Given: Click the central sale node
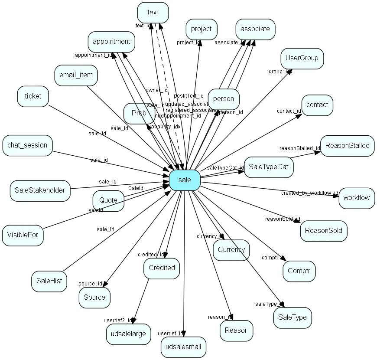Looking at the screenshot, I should coord(184,180).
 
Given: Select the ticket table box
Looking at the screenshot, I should coord(33,96).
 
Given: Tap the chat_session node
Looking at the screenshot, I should coord(27,145).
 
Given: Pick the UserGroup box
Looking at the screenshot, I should coord(302,58).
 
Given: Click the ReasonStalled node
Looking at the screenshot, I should coord(347,145).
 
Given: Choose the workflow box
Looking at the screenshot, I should coord(357,198).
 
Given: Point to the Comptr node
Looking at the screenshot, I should coord(299,272).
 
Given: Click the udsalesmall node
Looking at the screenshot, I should coord(183,347).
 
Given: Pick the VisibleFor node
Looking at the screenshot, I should coord(23,236).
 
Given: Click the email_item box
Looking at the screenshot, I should coord(76,75).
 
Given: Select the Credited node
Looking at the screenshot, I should coord(162,268).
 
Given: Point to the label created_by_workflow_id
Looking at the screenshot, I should coord(309,193).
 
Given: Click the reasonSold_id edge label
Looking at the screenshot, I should coord(282,219).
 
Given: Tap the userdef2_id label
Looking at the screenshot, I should coord(117,321).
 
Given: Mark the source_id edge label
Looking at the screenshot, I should coord(90,284).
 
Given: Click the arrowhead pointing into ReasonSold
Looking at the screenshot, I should coord(297,222).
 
